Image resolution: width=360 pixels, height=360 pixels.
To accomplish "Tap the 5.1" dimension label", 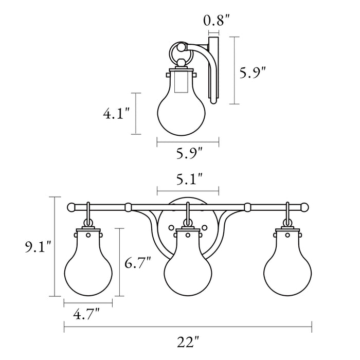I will pos(188,179).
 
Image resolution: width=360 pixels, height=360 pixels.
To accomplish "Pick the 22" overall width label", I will pos(188,340).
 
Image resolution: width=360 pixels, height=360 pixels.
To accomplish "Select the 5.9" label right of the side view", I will pos(253,74).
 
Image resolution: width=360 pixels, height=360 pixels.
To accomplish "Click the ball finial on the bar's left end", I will pos(71,207).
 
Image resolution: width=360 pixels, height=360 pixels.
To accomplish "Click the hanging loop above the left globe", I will pos(89,212).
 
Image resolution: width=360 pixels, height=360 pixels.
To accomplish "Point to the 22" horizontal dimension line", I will pos(188,324).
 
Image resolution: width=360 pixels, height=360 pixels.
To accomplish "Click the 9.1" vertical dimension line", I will pos(54,247).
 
